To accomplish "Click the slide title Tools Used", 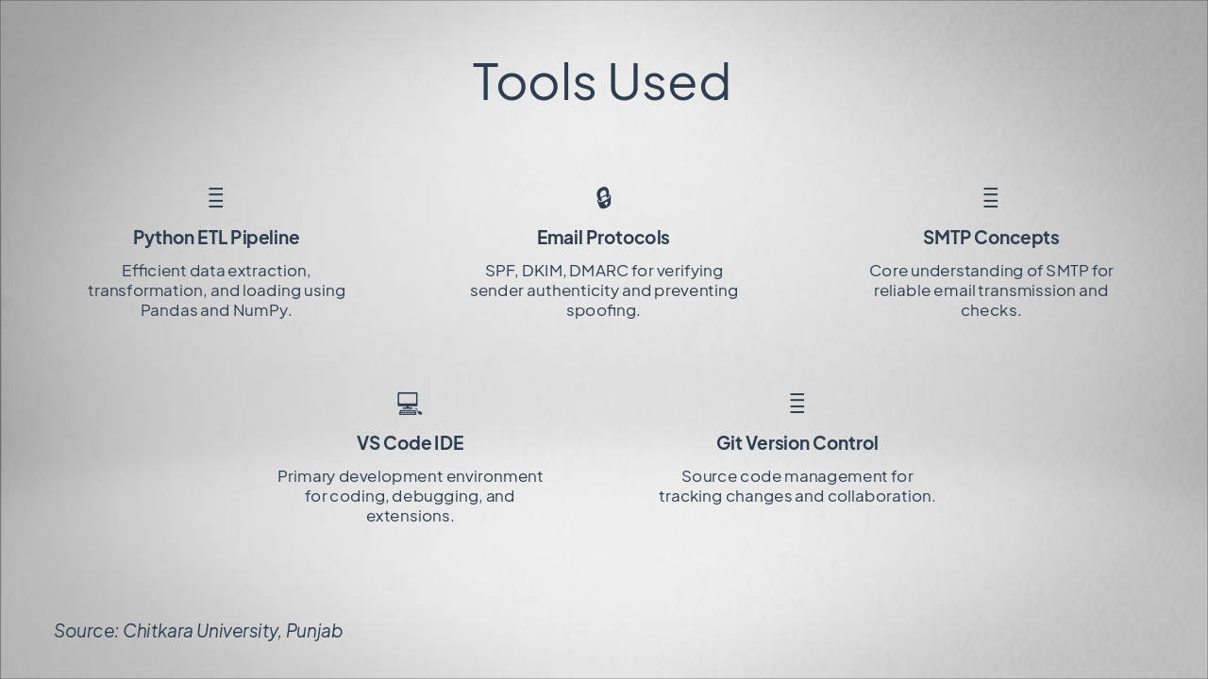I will tap(601, 81).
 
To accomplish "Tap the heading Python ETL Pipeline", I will tap(216, 238).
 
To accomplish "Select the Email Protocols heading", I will tap(603, 238).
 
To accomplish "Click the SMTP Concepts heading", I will tap(991, 238).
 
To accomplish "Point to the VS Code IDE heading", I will tap(410, 443).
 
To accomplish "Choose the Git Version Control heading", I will tap(797, 443).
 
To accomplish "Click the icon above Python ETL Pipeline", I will tap(216, 197).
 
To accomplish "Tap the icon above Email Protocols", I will tap(604, 197).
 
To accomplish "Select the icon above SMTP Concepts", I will tap(991, 197).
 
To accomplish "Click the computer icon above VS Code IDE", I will tap(410, 404).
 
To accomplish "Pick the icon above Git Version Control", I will tap(797, 404).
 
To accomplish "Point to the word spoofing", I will tap(602, 311).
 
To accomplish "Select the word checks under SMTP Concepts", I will tap(989, 310).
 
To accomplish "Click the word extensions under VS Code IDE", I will tap(409, 516).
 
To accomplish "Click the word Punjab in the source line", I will tap(314, 631).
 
